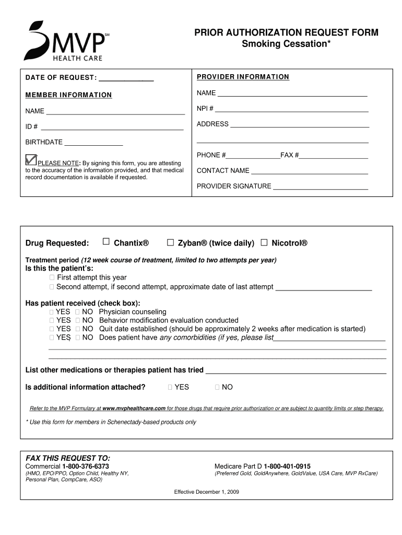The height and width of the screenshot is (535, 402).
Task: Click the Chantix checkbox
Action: click(106, 241)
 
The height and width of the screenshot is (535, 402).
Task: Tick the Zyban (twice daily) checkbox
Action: click(170, 242)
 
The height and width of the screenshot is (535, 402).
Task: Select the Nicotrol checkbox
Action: click(264, 242)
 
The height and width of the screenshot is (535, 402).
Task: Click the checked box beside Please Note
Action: click(31, 159)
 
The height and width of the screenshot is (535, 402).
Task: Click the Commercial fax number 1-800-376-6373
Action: click(86, 466)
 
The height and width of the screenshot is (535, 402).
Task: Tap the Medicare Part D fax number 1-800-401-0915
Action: click(287, 466)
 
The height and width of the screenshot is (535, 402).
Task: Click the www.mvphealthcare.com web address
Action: click(134, 408)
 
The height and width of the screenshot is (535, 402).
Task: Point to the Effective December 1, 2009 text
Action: click(207, 492)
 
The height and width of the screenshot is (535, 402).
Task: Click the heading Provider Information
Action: click(243, 77)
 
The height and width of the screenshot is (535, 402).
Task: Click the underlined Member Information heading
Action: click(68, 95)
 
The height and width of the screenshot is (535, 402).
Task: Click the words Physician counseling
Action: click(133, 311)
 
